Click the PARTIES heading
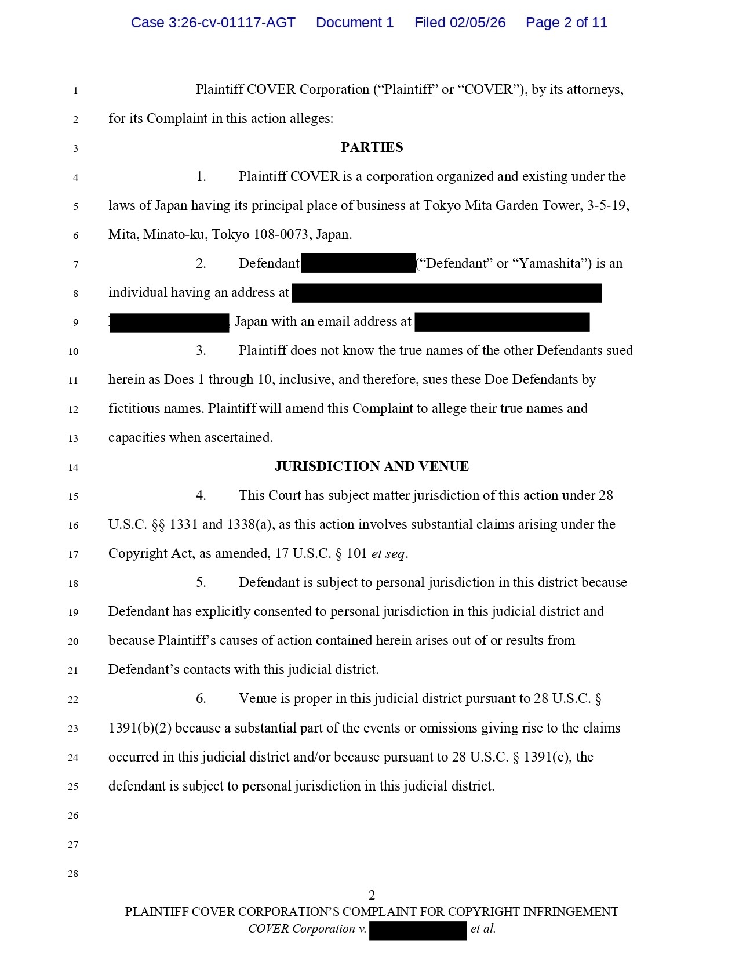tap(372, 147)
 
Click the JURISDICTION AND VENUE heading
tap(372, 466)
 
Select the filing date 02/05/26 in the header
tap(477, 23)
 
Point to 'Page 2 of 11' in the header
tap(566, 23)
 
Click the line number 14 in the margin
tap(73, 467)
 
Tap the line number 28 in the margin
tap(73, 873)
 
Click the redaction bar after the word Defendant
tap(358, 263)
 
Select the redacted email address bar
tap(502, 322)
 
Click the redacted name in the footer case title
tap(418, 930)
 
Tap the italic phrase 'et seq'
tap(388, 553)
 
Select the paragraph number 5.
tap(201, 582)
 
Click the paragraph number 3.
tap(201, 350)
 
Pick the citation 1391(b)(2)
tap(140, 728)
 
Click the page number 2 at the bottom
tap(372, 895)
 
